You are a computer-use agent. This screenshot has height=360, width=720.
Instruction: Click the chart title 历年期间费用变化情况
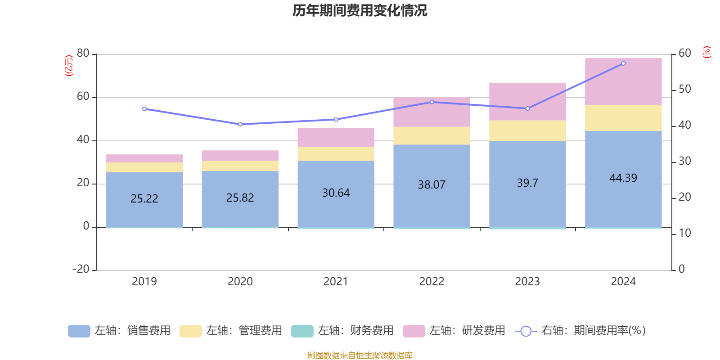(360, 10)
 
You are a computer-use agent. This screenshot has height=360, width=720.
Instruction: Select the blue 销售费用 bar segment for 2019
(144, 211)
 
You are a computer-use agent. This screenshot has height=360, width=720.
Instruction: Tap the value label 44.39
(623, 178)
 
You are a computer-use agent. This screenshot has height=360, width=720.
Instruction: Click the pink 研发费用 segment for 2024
(623, 81)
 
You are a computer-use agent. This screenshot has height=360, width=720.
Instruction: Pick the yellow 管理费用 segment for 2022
(432, 135)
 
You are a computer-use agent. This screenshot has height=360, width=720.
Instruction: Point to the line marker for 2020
(240, 124)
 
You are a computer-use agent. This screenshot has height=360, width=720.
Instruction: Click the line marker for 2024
(623, 63)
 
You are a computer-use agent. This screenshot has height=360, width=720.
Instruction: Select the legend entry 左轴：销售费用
(119, 331)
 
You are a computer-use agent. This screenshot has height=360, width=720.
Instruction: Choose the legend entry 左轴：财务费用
(342, 331)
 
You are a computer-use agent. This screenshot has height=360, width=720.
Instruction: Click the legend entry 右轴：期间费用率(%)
(580, 331)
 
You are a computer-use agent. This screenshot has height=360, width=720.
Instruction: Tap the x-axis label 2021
(336, 282)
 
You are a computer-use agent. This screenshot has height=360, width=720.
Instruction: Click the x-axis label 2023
(527, 282)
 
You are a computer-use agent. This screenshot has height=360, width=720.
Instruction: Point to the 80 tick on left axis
(83, 54)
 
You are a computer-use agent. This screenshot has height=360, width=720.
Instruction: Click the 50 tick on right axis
(684, 89)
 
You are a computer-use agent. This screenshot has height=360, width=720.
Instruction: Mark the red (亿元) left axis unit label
(69, 66)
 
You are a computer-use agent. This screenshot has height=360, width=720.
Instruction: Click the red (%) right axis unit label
(706, 52)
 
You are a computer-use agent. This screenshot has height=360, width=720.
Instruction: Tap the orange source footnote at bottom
(360, 355)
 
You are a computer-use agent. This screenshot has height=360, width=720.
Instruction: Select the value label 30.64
(336, 193)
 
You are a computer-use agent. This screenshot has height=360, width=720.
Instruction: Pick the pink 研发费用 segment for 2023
(527, 101)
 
